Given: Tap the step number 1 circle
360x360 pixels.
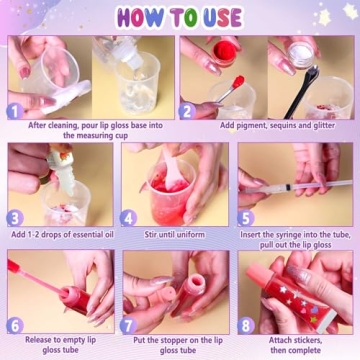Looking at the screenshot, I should pyautogui.click(x=14, y=110).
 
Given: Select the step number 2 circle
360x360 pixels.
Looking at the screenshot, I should pyautogui.click(x=186, y=110).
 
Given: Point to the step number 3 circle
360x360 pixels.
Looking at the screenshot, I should pyautogui.click(x=14, y=218).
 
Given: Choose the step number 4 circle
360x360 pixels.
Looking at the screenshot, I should pyautogui.click(x=128, y=218).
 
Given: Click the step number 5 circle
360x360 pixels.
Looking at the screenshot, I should pyautogui.click(x=246, y=218).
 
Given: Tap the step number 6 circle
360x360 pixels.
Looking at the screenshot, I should pyautogui.click(x=14, y=325).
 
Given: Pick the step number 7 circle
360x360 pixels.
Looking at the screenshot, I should pyautogui.click(x=128, y=325).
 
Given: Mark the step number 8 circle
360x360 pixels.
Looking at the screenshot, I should pyautogui.click(x=246, y=325).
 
